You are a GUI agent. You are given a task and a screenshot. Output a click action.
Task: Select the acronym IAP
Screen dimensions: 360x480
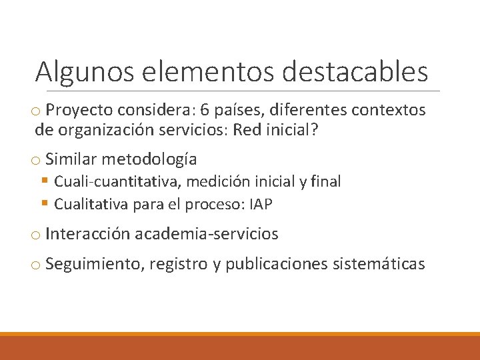click(261, 204)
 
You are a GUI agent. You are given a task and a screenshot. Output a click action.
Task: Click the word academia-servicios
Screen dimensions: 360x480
click(207, 234)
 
